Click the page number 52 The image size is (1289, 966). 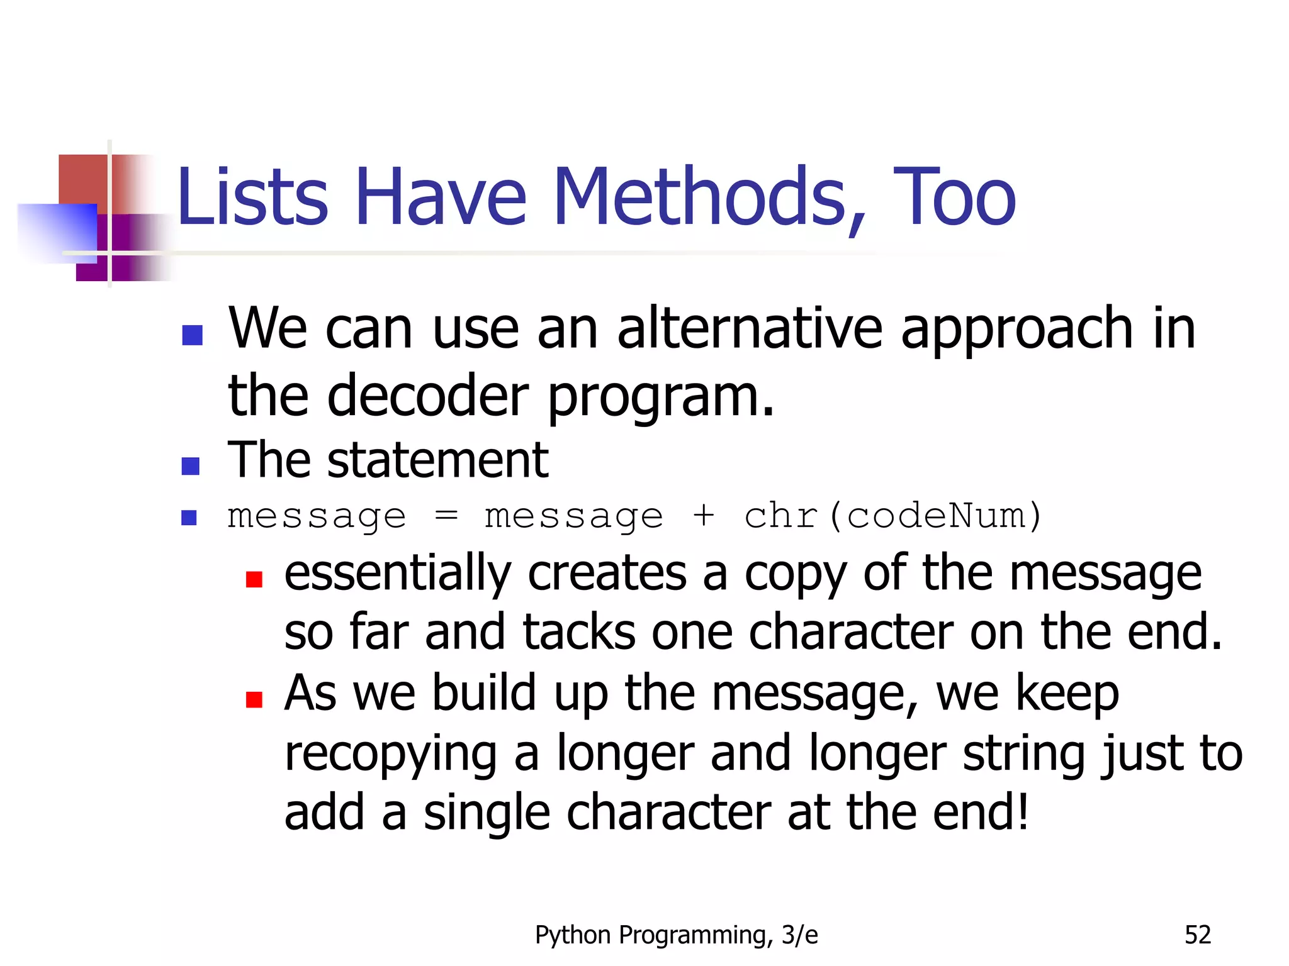click(x=1197, y=935)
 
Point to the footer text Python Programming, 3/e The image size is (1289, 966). click(x=676, y=935)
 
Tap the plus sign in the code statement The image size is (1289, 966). click(x=703, y=517)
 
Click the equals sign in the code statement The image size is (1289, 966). click(x=446, y=517)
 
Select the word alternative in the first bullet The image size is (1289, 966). click(x=750, y=329)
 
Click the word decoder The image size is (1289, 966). click(x=427, y=396)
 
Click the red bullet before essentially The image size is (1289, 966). click(x=254, y=579)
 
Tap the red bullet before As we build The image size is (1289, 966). click(x=254, y=699)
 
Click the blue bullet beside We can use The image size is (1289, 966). click(x=192, y=335)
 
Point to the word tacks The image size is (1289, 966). click(x=578, y=632)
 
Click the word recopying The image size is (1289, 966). click(x=391, y=753)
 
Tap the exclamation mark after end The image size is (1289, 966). click(x=1023, y=811)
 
